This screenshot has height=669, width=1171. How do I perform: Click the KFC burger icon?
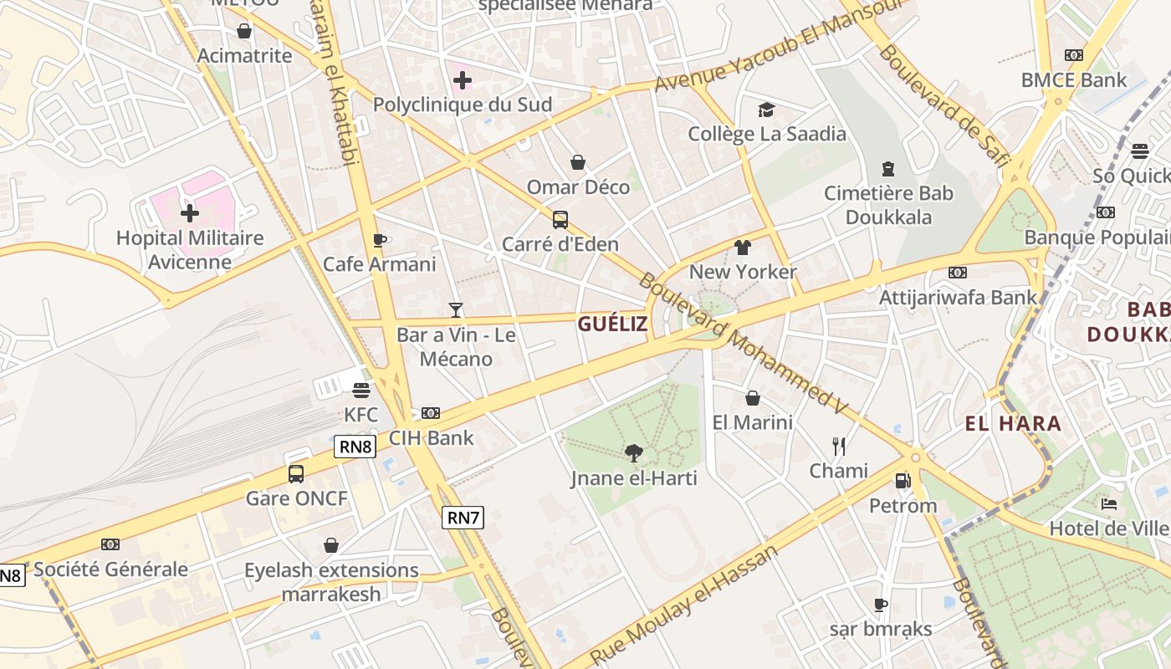point(361,390)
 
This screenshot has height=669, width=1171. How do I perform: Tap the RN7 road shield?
point(463,518)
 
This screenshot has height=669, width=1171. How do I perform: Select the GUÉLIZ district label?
point(612,324)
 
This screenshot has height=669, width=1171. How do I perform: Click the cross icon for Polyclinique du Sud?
point(463,80)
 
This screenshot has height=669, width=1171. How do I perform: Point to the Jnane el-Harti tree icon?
point(634,453)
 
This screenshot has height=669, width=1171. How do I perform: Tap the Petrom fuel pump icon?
point(903,481)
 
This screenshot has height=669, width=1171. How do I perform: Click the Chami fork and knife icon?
point(839,446)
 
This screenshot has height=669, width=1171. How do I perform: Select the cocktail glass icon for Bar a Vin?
point(456,310)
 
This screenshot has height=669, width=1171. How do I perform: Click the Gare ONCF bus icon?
point(296,474)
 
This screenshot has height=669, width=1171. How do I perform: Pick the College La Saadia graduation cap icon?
point(766,110)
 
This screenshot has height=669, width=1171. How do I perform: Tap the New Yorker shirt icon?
point(743,247)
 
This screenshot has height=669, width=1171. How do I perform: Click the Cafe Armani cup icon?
point(380,240)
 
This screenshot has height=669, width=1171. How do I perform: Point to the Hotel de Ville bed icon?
point(1109,503)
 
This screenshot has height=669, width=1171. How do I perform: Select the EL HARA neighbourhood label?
point(1013,423)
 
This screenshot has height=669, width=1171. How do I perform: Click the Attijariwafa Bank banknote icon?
point(958,272)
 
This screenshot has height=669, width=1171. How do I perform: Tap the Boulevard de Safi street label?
point(940,105)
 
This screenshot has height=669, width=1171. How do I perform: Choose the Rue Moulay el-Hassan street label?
point(684,604)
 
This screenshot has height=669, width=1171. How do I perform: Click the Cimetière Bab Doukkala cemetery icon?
point(888,169)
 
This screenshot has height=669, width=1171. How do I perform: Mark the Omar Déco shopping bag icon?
point(578,161)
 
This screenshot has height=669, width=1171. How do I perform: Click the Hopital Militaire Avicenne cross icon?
point(190,213)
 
